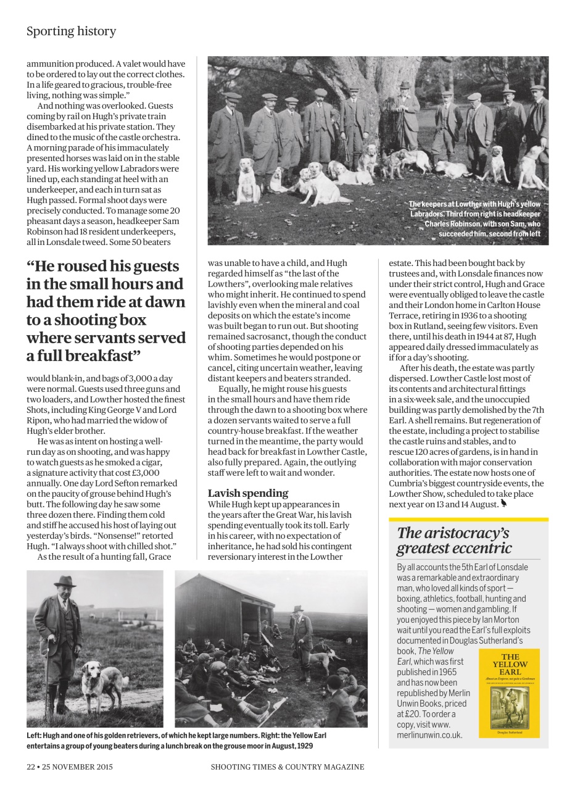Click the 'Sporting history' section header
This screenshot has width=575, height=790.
pyautogui.click(x=71, y=31)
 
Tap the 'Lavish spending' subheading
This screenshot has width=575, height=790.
pyautogui.click(x=247, y=493)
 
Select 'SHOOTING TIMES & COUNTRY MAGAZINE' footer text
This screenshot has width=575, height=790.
pyautogui.click(x=287, y=767)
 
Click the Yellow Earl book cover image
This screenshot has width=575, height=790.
pyautogui.click(x=509, y=692)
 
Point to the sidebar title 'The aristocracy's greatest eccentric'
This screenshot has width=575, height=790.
pyautogui.click(x=454, y=540)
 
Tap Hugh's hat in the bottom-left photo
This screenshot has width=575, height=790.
pyautogui.click(x=64, y=581)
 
